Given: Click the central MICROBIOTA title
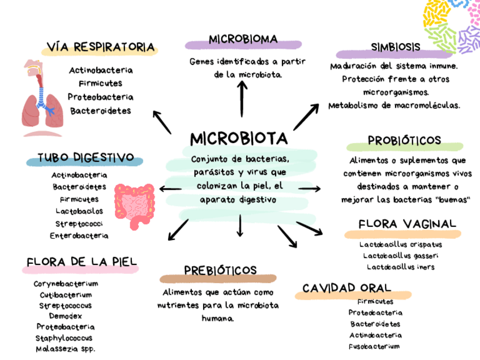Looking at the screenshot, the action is tap(238, 139).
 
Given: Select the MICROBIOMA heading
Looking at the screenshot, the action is tap(243, 40).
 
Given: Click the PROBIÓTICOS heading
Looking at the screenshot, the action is tap(404, 140).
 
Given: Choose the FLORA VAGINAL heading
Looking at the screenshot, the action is tap(407, 224).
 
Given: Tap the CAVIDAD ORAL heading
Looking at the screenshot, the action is tap(354, 288).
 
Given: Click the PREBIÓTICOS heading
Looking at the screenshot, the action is tap(220, 270).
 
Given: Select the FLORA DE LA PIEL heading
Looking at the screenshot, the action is tap(82, 262).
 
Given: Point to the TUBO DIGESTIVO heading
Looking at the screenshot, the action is tap(85, 157).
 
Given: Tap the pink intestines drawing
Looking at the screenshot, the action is tap(134, 201).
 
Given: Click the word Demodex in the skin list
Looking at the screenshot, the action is tap(65, 316).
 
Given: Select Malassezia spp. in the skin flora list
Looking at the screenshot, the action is tap(65, 349).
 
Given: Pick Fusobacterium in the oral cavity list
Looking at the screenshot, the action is tap(374, 346).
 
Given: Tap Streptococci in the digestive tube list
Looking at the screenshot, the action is tap(79, 224).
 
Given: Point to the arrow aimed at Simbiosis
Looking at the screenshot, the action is tap(306, 115).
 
